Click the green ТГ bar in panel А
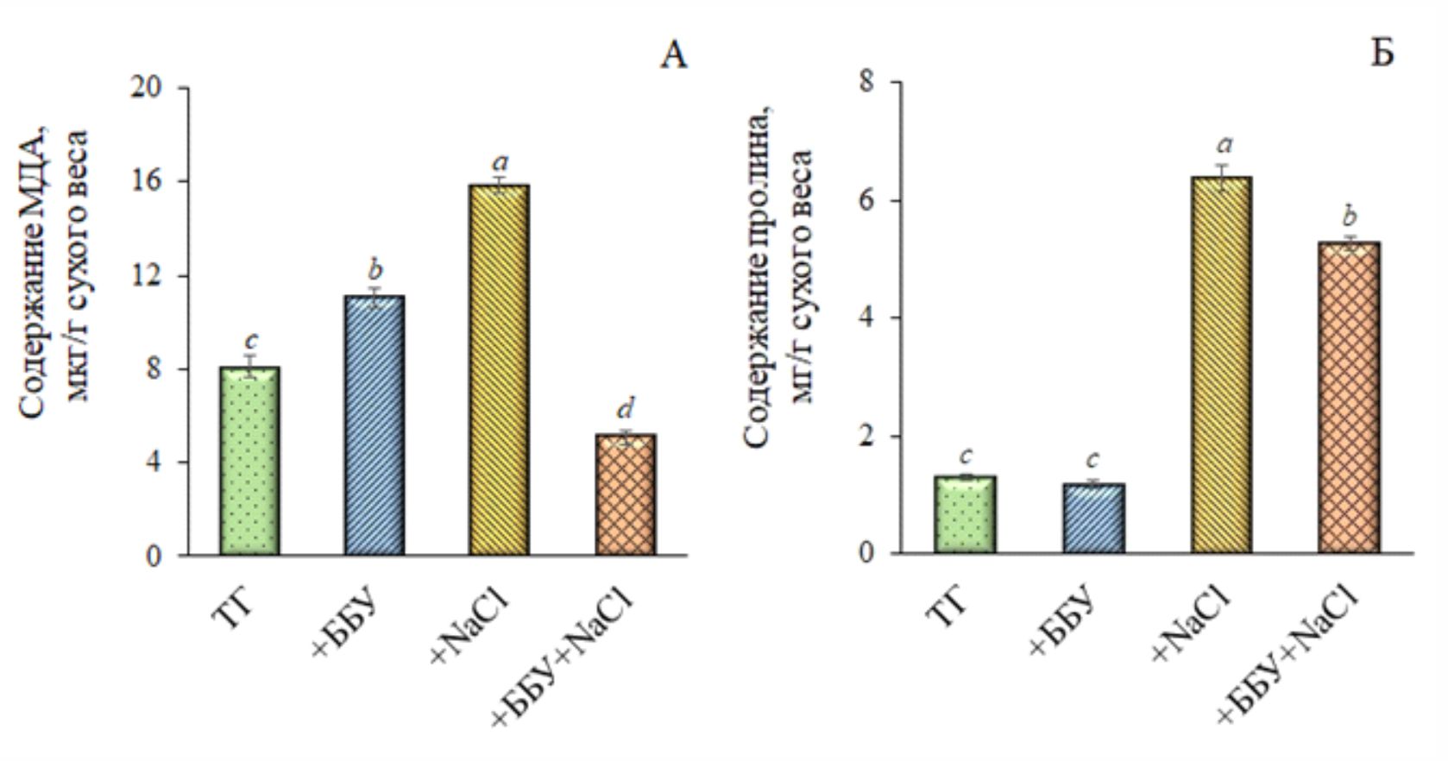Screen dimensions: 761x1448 249,462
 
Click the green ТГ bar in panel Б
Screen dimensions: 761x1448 966,514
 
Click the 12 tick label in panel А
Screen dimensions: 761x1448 147,276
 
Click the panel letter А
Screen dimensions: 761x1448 673,56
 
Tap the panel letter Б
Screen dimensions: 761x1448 1382,53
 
